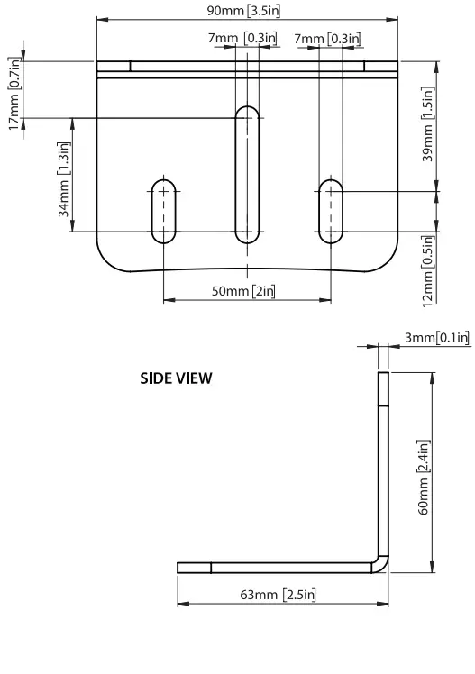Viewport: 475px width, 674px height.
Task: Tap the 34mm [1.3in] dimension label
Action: [x=63, y=186]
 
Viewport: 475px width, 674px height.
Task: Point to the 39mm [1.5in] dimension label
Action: [x=430, y=124]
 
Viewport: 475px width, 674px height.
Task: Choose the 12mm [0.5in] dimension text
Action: [x=430, y=269]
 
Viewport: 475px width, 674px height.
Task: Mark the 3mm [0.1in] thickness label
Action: [x=436, y=338]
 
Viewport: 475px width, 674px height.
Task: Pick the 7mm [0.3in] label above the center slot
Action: [x=242, y=38]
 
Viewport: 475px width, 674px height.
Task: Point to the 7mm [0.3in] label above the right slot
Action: [x=327, y=38]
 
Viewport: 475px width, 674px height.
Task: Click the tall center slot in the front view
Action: [x=246, y=175]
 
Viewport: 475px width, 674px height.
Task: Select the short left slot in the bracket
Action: [x=163, y=211]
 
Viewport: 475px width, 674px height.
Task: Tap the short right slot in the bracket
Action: [x=331, y=211]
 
